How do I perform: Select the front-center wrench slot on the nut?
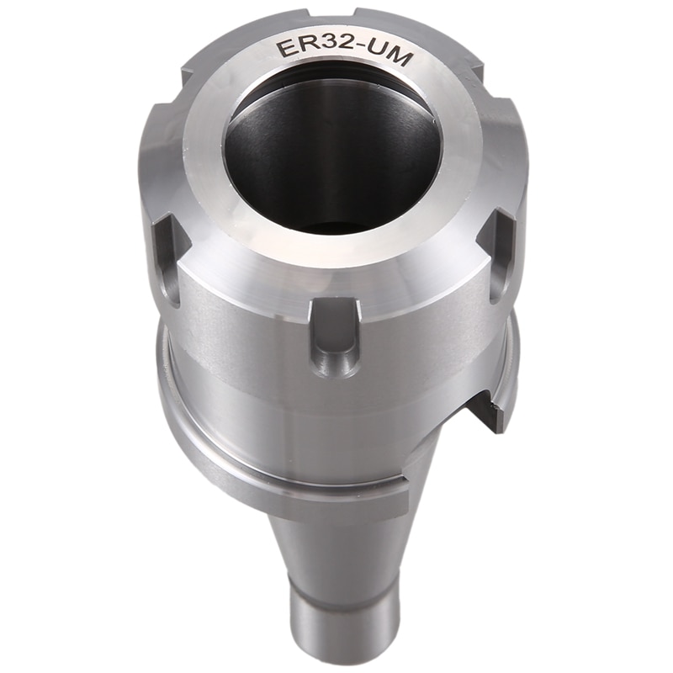point(335,336)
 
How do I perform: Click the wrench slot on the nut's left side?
point(166,257)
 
